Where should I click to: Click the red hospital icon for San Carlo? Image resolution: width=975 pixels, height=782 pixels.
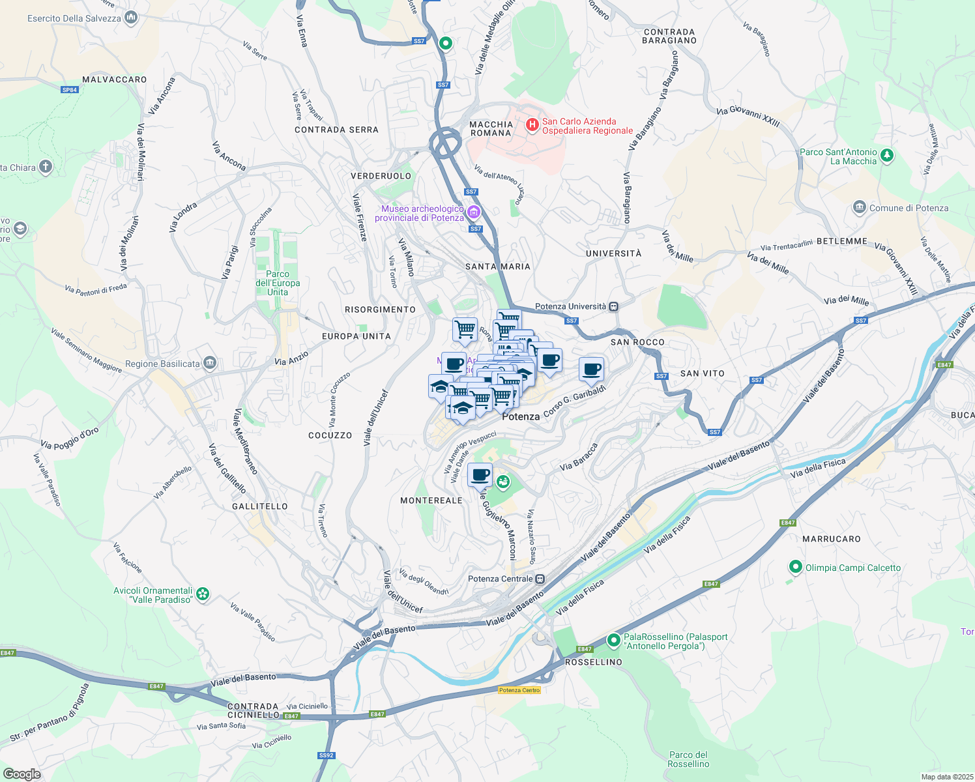[532, 124]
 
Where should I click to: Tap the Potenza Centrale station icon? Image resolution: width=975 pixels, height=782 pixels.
[540, 579]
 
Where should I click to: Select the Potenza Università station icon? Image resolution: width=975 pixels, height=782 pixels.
[613, 306]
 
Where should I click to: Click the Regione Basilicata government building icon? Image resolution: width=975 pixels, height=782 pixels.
[209, 363]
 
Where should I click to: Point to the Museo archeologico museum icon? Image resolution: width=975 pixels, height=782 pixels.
[474, 212]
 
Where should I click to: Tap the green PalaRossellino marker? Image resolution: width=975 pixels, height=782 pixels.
[613, 641]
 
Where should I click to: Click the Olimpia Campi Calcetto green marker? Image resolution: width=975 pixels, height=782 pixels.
[795, 567]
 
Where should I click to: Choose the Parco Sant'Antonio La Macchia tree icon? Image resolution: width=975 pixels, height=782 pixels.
[886, 156]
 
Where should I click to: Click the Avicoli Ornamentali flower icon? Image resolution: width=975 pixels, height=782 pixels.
[203, 594]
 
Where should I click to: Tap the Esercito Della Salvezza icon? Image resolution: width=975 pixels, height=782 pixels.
[131, 18]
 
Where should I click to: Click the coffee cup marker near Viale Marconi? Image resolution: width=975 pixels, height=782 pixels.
[480, 476]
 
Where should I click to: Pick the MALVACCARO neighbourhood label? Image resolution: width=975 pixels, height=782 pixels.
[115, 80]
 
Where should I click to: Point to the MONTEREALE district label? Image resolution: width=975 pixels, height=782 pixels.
[431, 500]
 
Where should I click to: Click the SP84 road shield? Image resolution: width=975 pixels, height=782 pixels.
[70, 90]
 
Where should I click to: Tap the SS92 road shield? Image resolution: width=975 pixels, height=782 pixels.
[327, 756]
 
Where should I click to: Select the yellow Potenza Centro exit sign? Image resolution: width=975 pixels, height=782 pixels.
[519, 690]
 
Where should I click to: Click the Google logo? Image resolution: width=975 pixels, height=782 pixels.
[22, 774]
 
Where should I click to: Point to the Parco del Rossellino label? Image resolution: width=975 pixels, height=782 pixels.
[688, 759]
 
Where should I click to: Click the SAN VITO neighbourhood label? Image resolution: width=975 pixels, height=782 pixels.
[702, 373]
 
